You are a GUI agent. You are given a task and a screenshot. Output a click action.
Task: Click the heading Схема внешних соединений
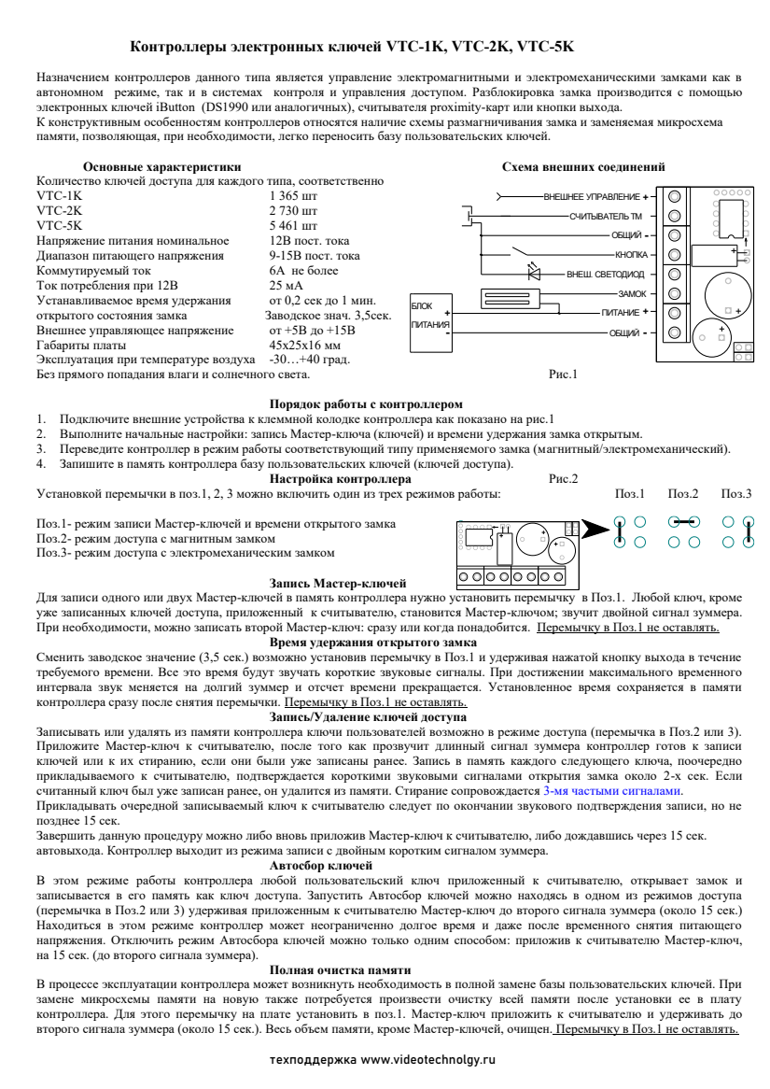(x=583, y=167)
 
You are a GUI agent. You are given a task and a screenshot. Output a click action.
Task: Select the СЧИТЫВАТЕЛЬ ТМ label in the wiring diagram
(x=605, y=217)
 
